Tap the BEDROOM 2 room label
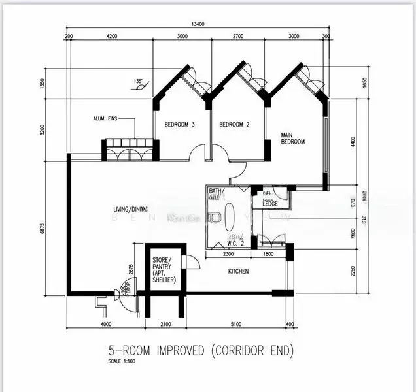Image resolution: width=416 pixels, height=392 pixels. pyautogui.click(x=234, y=124)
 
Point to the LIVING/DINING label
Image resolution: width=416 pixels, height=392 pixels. pyautogui.click(x=130, y=209)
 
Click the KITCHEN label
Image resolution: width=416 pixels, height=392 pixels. pyautogui.click(x=238, y=271)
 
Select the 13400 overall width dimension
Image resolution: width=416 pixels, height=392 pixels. pyautogui.click(x=199, y=24)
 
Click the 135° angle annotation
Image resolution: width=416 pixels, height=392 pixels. pyautogui.click(x=138, y=82)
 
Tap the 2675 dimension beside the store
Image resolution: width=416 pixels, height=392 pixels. pyautogui.click(x=132, y=269)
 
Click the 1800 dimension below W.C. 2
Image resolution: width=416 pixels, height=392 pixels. pyautogui.click(x=268, y=253)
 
